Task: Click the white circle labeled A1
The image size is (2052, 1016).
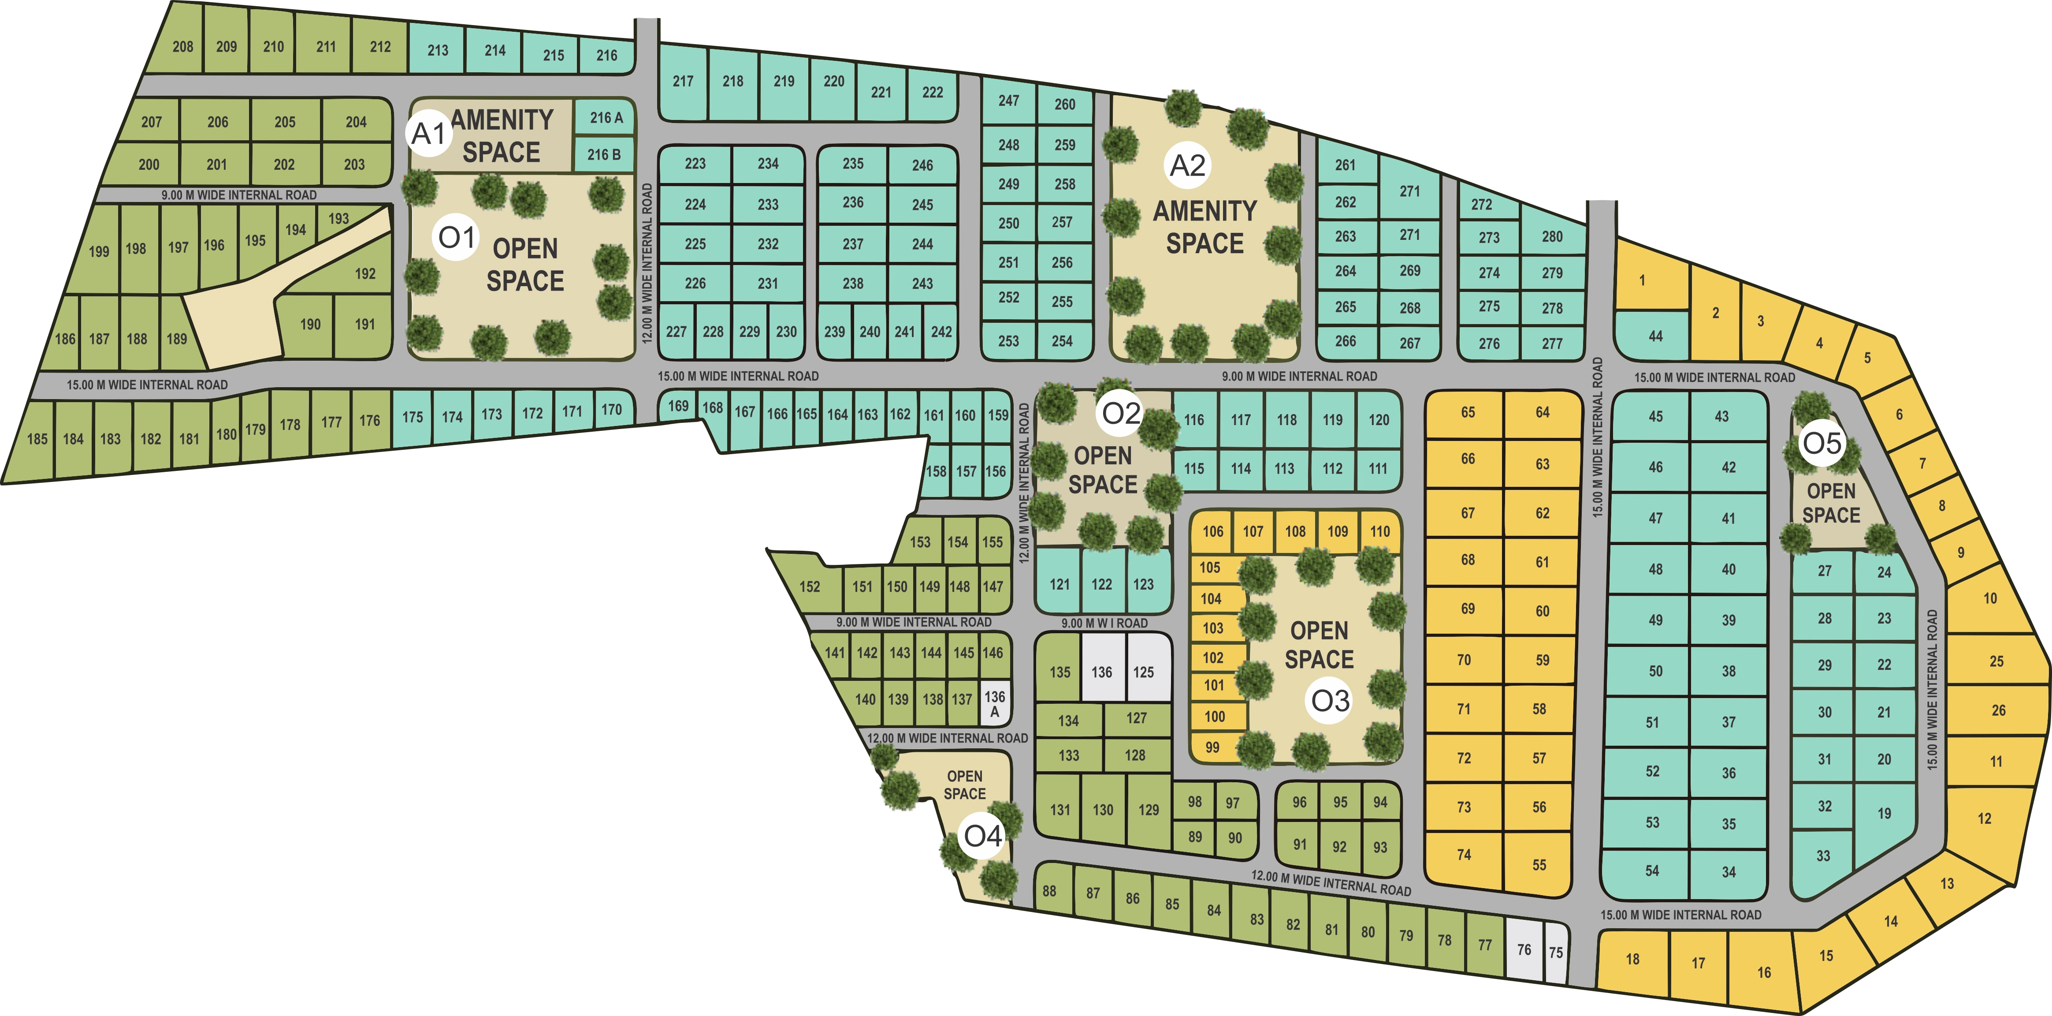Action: click(428, 133)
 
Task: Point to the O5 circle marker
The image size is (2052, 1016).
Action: click(1822, 443)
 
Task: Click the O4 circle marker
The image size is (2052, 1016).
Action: click(982, 836)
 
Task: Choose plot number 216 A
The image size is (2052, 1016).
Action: click(606, 118)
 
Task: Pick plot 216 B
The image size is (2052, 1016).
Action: click(604, 155)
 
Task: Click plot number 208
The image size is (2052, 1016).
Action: click(182, 46)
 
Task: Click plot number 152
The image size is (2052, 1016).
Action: click(809, 586)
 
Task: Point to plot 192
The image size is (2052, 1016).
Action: click(365, 273)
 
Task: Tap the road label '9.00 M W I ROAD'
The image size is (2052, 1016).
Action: click(1104, 623)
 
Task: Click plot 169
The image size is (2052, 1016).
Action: click(678, 407)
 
